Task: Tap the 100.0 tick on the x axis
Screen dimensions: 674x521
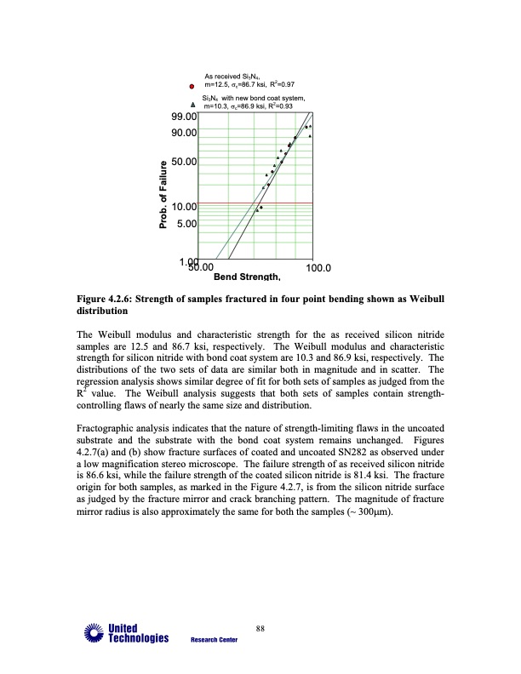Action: pos(318,269)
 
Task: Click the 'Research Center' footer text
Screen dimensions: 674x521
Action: pos(214,641)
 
